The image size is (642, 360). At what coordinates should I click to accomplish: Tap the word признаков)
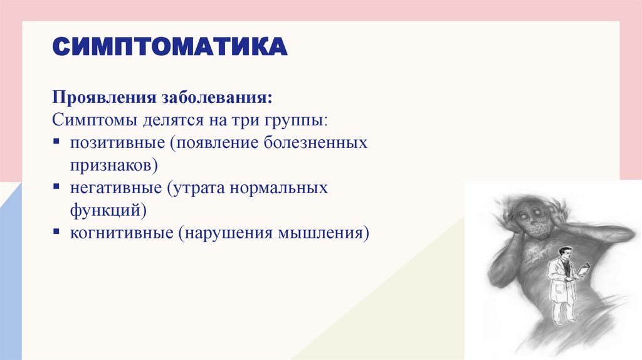coord(113,165)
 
